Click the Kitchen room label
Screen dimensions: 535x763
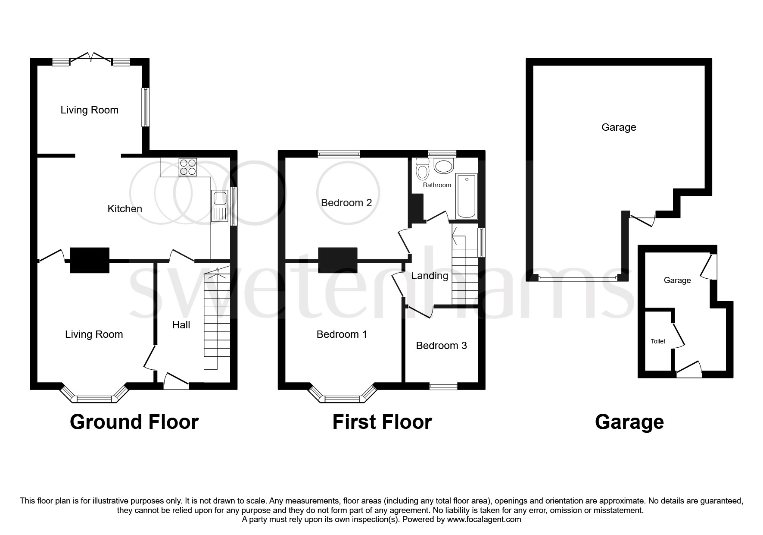(125, 209)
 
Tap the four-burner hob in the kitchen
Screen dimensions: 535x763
(187, 167)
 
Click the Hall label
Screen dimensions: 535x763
(181, 325)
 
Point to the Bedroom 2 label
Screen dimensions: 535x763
(346, 203)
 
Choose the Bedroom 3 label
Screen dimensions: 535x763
(441, 346)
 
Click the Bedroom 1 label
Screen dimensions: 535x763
(342, 334)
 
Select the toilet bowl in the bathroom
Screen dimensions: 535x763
(422, 170)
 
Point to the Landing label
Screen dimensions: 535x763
(430, 276)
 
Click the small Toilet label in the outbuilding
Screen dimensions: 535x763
(658, 341)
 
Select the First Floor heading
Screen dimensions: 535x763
(382, 422)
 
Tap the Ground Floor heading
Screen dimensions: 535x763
(134, 422)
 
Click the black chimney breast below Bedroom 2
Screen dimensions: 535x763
(338, 260)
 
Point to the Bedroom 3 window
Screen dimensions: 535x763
(443, 385)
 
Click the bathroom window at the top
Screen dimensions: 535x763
(442, 153)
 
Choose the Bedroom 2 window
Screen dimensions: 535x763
(339, 154)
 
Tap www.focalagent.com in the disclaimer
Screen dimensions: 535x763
(484, 520)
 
